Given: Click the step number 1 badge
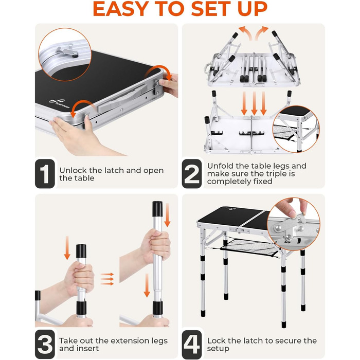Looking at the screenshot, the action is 45,174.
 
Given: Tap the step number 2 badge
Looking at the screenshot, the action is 192,174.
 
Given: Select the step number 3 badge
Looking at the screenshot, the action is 45,344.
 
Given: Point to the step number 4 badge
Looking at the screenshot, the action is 192,344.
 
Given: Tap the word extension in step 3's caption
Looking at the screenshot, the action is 131,340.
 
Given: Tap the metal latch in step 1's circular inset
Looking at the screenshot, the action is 67,51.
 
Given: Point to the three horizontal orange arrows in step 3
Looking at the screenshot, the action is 107,279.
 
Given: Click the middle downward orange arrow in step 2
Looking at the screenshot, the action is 254,103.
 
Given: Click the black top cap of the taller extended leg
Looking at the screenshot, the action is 157,209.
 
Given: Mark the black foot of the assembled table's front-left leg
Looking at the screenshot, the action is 203,313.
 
